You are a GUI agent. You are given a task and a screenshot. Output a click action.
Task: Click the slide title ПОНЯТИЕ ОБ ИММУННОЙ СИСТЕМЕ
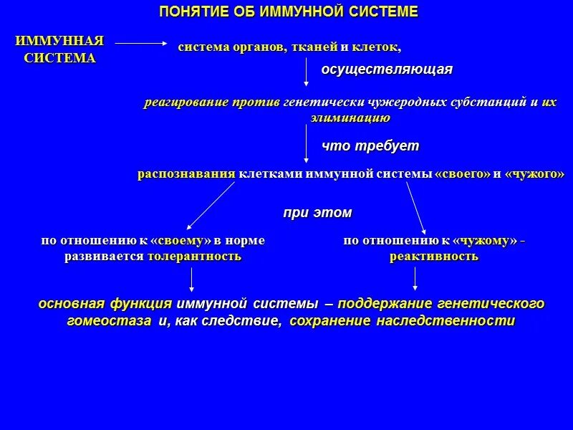[x=288, y=12]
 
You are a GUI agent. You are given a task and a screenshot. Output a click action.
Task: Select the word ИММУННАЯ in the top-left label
[x=59, y=41]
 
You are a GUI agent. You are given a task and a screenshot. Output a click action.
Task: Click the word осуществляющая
[x=386, y=70]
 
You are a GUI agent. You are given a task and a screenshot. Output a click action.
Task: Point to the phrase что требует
[x=370, y=146]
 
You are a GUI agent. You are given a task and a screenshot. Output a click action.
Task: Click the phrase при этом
[x=317, y=213]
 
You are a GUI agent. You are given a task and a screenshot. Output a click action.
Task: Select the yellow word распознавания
[x=187, y=174]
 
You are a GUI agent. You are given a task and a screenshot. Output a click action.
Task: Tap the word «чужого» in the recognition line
[x=534, y=174]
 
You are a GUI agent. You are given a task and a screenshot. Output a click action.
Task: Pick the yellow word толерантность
[x=194, y=257]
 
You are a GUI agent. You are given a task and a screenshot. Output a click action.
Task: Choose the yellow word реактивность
[x=434, y=257]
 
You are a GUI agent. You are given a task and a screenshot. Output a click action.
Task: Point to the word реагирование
[x=186, y=102]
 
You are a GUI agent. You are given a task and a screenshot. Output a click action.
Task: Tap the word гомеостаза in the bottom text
[x=109, y=321]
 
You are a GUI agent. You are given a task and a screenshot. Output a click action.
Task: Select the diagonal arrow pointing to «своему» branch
[x=211, y=205]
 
